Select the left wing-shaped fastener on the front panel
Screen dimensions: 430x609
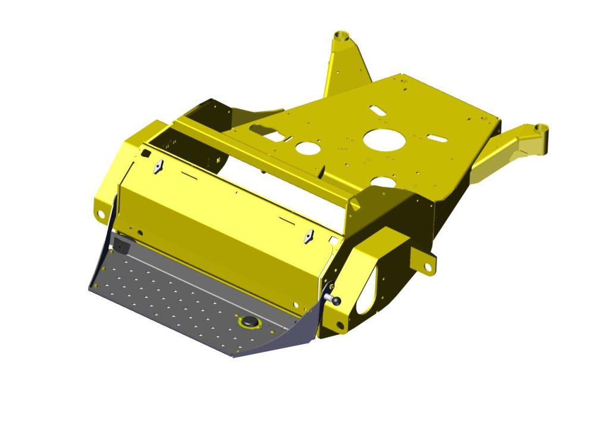158,167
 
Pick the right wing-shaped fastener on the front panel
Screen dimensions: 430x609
308,237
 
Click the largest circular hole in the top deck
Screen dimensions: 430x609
384,139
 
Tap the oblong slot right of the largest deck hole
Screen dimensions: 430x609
437,138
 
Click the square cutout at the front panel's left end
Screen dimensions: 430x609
145,153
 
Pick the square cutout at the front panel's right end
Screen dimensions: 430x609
334,241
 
